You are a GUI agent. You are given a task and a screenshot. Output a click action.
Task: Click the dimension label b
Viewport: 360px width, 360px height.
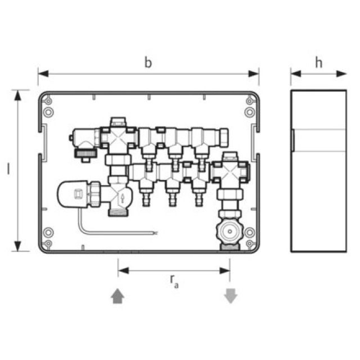tap(148, 62)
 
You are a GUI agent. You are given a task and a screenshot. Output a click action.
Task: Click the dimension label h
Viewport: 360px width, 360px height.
tap(318, 62)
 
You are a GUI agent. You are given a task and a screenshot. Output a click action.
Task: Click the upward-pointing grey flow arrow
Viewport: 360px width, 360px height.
tap(118, 296)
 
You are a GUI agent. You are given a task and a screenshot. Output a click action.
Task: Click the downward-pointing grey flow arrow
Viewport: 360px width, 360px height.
tap(231, 296)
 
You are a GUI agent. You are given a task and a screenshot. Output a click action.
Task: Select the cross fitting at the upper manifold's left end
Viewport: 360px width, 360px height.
tap(116, 137)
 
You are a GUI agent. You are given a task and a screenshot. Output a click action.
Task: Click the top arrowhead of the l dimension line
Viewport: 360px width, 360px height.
tap(19, 95)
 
